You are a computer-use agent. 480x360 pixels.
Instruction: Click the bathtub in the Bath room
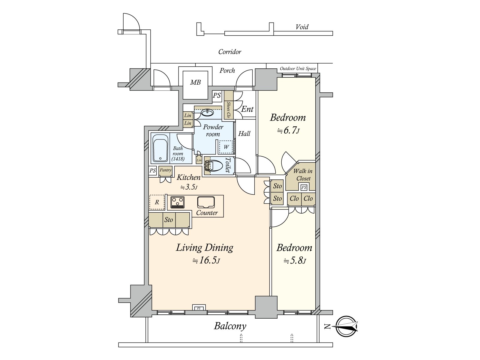[x=160, y=148]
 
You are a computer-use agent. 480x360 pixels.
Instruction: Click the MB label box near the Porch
[x=195, y=82]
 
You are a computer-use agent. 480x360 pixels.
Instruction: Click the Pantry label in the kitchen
[x=165, y=170]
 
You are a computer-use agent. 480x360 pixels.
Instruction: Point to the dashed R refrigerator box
[x=157, y=202]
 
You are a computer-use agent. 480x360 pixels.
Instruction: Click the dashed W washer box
[x=226, y=147]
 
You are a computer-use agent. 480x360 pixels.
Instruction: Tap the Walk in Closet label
[x=303, y=175]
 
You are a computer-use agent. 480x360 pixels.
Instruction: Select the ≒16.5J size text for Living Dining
[x=206, y=260]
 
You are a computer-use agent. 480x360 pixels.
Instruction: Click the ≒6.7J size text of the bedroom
[x=288, y=130]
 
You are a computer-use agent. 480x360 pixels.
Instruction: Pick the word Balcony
[x=230, y=326]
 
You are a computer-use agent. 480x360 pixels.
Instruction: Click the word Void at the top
[x=302, y=27]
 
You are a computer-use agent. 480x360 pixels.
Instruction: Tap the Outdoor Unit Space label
[x=298, y=69]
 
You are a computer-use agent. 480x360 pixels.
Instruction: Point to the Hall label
[x=244, y=134]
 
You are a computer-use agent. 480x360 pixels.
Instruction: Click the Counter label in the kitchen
[x=207, y=213]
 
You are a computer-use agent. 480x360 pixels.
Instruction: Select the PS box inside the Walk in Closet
[x=304, y=187]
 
